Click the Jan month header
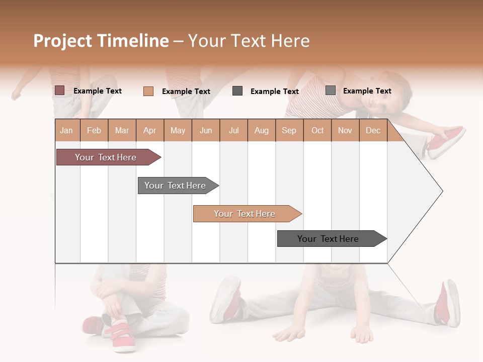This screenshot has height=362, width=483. (67, 130)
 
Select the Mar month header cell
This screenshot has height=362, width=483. (122, 130)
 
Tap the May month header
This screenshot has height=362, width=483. (178, 130)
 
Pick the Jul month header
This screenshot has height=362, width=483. (233, 130)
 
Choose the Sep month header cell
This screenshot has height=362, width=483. (289, 130)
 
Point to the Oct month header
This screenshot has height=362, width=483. (317, 130)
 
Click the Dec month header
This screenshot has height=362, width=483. (373, 130)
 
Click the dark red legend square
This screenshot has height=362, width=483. (59, 90)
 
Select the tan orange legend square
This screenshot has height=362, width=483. (148, 91)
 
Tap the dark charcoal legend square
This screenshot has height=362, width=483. (237, 91)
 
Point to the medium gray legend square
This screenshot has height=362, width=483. (331, 90)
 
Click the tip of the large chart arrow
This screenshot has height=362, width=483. (441, 191)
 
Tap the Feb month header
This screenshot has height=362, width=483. (94, 130)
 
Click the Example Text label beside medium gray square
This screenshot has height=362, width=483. (367, 91)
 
